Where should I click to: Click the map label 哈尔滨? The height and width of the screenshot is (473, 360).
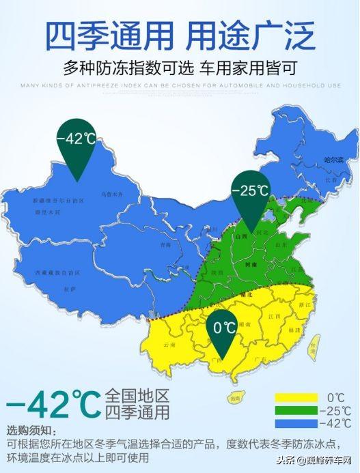tap(333, 160)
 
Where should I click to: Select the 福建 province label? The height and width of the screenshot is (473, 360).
tap(295, 330)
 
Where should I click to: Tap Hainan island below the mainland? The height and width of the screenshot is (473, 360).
tap(235, 398)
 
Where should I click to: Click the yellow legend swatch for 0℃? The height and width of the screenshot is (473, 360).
tap(296, 397)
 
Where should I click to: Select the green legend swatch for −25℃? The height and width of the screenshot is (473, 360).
tap(296, 410)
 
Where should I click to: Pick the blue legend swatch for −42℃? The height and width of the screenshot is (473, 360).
tap(296, 423)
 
